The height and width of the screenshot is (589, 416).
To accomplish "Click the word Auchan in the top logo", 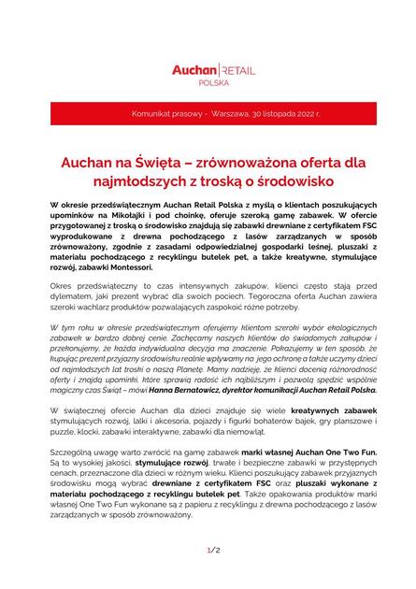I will coord(194,69).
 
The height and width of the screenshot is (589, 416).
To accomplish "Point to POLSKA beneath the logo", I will coord(208,82).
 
